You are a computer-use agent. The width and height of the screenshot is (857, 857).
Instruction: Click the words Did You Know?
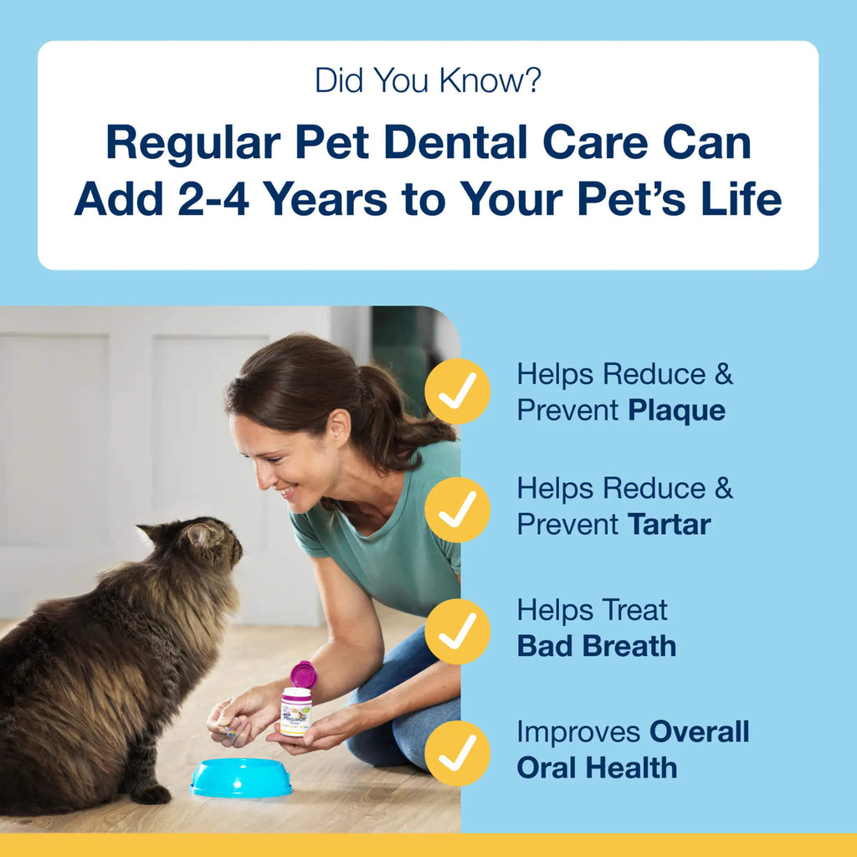click(428, 80)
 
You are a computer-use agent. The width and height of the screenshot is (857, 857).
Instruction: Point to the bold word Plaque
click(676, 411)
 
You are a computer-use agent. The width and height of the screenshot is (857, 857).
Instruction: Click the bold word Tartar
click(669, 525)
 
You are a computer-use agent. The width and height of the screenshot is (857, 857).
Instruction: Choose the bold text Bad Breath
click(596, 645)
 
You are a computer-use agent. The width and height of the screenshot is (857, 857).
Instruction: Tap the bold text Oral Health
click(596, 767)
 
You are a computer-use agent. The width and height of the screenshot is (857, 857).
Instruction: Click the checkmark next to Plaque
click(457, 391)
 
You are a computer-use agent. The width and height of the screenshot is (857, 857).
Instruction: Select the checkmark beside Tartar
click(457, 509)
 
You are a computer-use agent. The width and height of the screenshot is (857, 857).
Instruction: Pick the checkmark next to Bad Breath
click(457, 631)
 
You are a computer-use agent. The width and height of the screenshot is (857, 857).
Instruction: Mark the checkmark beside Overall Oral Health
click(457, 752)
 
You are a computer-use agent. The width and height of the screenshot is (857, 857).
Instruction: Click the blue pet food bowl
click(240, 777)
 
